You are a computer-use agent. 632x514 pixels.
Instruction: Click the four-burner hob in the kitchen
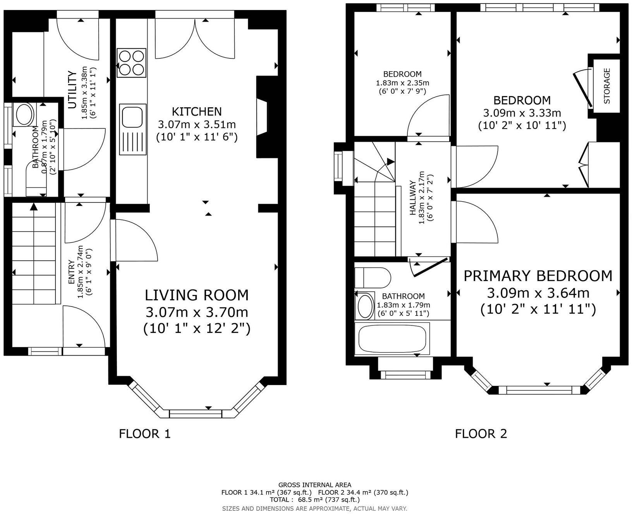click(132, 63)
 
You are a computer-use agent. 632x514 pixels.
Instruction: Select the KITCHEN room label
click(197, 111)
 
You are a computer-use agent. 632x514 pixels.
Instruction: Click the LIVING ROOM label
click(197, 295)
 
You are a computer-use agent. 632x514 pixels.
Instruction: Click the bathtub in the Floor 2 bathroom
click(392, 339)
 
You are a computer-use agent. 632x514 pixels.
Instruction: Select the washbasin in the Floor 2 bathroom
click(365, 306)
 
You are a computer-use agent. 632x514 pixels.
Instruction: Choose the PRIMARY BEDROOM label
click(538, 276)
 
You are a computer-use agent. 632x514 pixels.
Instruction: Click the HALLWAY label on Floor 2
click(413, 197)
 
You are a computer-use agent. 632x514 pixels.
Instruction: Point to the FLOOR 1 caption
click(145, 434)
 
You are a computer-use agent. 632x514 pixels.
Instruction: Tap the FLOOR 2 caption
click(481, 434)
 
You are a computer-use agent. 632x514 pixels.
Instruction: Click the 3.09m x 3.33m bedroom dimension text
click(522, 113)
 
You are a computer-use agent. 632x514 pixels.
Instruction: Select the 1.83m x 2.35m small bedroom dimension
click(402, 83)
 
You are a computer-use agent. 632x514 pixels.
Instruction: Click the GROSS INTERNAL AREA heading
click(315, 485)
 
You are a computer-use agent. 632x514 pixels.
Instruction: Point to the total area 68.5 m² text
click(314, 500)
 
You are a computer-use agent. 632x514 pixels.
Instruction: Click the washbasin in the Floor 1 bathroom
click(24, 114)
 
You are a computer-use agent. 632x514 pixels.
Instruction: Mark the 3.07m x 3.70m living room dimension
click(197, 312)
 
